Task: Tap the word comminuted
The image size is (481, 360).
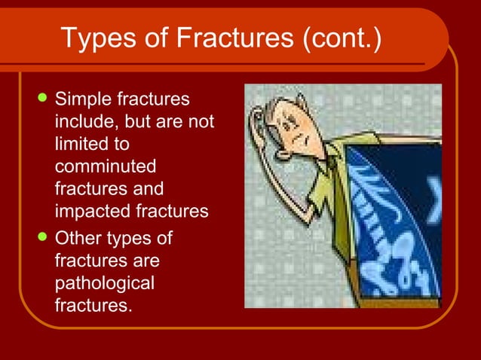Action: [x=105, y=166]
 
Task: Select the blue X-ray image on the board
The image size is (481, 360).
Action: [x=392, y=218]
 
